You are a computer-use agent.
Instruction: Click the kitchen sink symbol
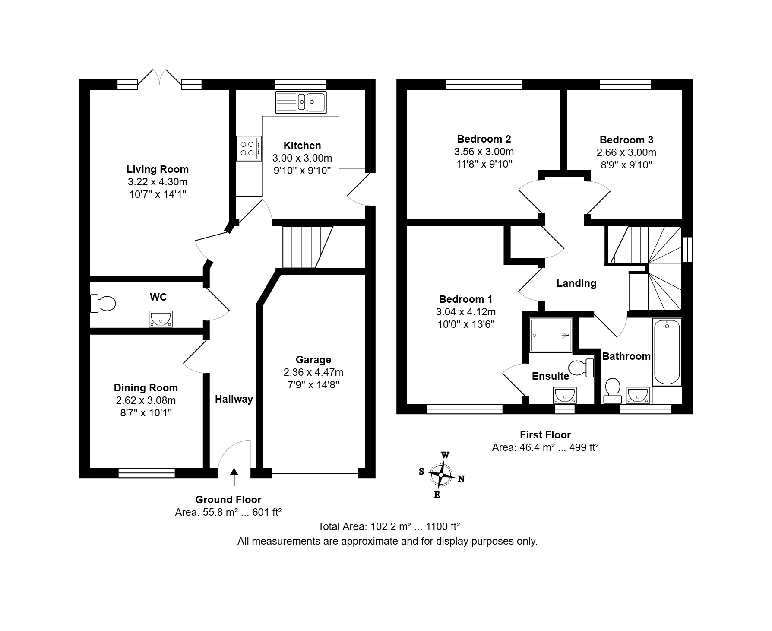tap(301, 102)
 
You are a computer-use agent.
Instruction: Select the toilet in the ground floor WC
tap(103, 303)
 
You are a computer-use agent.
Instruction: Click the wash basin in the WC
tap(161, 319)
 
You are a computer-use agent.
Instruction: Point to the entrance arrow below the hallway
tap(234, 478)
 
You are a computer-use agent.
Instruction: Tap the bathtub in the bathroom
tap(667, 352)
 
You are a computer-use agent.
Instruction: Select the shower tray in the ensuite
tap(551, 335)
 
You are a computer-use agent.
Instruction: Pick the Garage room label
tap(313, 360)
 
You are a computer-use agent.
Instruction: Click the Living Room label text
tap(158, 169)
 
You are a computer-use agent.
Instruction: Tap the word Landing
tap(576, 283)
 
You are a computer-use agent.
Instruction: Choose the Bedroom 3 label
tap(626, 140)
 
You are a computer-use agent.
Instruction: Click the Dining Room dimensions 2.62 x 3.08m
tap(146, 400)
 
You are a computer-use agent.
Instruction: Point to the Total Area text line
tap(389, 526)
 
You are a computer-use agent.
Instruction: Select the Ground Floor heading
tap(228, 500)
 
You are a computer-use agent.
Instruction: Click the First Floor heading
tap(545, 435)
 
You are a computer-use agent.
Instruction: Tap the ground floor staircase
tap(307, 247)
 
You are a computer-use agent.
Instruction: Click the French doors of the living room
tap(160, 78)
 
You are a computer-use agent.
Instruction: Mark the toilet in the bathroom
tap(612, 390)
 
